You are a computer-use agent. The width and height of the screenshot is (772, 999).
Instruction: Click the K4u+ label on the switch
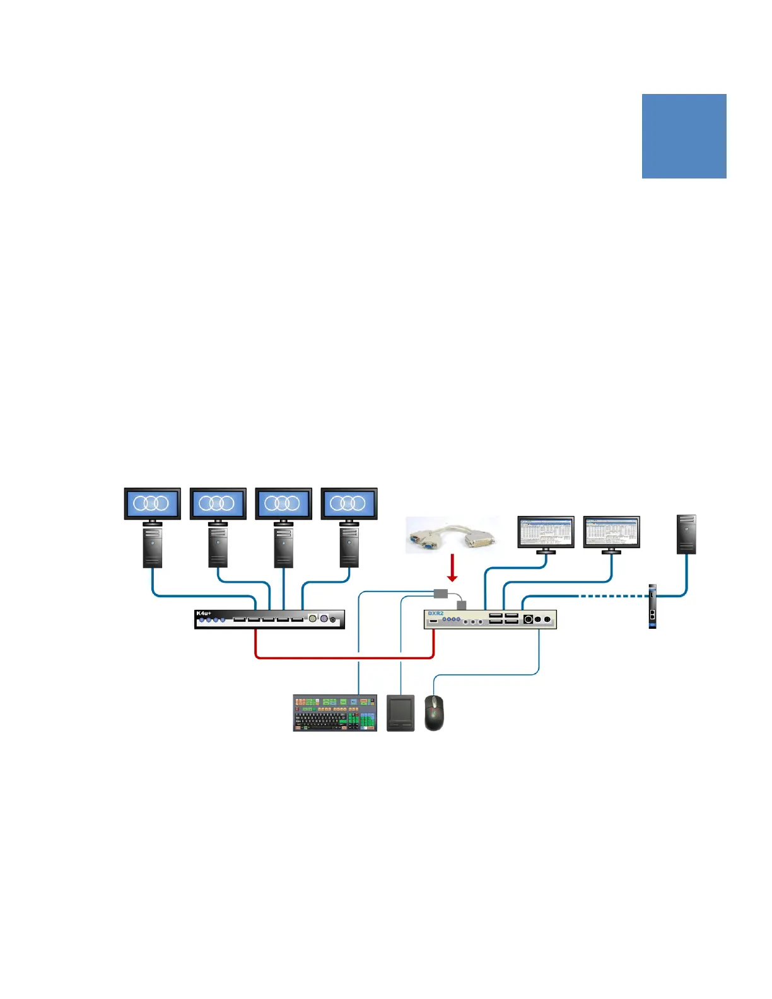(x=203, y=614)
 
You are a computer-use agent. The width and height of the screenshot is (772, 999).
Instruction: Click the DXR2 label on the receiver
(x=436, y=614)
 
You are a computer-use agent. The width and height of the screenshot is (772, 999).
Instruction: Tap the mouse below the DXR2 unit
(x=434, y=712)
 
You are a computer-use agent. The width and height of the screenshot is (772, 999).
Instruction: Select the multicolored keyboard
(x=335, y=713)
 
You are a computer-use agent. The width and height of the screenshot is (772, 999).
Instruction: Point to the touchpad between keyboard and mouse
(x=401, y=713)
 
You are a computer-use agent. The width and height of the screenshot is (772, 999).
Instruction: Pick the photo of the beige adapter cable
(x=452, y=535)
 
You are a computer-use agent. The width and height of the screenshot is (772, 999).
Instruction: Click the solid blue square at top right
(x=684, y=136)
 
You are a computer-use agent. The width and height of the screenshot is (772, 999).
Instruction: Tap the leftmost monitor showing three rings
(x=153, y=504)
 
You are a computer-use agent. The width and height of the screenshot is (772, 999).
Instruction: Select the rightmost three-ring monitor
(x=349, y=504)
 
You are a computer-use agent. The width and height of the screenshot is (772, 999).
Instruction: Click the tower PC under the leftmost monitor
(x=153, y=547)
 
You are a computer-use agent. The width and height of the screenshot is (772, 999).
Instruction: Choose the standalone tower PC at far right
(x=686, y=534)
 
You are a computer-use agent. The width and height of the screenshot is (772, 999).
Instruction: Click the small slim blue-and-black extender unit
(x=652, y=607)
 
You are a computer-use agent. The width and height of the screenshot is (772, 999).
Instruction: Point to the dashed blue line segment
(x=612, y=596)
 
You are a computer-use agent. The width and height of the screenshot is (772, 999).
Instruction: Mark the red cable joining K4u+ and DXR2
(x=344, y=658)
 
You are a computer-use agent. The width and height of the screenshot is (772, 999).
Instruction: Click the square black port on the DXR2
(x=529, y=619)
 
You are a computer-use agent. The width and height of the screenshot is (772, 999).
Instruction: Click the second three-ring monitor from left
(x=218, y=504)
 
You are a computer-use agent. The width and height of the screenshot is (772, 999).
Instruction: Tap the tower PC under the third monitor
(x=283, y=547)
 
